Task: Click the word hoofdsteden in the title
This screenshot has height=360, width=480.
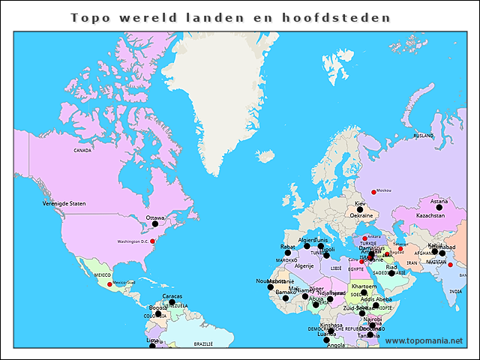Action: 349,16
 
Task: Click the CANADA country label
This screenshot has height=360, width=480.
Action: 82,150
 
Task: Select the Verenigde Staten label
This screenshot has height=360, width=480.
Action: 64,203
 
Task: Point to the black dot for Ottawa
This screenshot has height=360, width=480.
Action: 155,223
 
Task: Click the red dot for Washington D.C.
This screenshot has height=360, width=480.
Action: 152,241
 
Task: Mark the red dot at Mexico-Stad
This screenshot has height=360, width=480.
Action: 109,284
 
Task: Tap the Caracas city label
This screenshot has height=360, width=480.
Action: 172,295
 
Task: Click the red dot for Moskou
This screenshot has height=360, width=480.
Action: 373,191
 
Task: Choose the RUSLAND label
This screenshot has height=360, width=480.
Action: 424,136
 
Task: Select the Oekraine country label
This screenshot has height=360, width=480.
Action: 361,215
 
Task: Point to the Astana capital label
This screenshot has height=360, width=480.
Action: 439,201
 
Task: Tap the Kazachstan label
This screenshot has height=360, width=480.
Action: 430,215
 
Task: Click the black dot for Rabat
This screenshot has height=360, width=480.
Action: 287,253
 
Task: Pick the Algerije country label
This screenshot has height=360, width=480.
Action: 304,265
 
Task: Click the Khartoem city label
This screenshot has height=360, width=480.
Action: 364,286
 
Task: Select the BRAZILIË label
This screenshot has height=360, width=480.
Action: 203,343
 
